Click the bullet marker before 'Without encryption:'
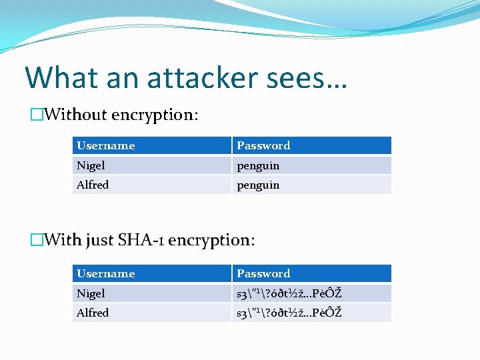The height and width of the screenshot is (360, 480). click(x=37, y=115)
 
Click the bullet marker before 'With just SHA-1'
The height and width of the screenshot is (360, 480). click(x=37, y=239)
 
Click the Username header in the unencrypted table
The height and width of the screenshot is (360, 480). click(x=106, y=145)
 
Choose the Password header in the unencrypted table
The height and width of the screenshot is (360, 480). click(x=263, y=145)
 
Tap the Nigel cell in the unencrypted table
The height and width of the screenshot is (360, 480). click(x=91, y=165)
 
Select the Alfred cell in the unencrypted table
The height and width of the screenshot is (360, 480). click(x=93, y=185)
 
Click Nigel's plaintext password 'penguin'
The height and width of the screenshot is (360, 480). click(x=258, y=165)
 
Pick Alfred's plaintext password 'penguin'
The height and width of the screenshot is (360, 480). click(x=258, y=185)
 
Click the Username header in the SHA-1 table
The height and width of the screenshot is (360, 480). click(x=106, y=273)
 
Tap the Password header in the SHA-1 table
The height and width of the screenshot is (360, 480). click(x=263, y=273)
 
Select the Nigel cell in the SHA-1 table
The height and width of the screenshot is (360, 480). click(x=91, y=293)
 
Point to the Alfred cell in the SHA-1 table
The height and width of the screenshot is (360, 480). click(x=93, y=313)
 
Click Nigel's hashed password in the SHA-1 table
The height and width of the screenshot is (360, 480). click(x=289, y=293)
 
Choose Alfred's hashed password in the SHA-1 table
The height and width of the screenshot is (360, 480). click(x=289, y=313)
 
